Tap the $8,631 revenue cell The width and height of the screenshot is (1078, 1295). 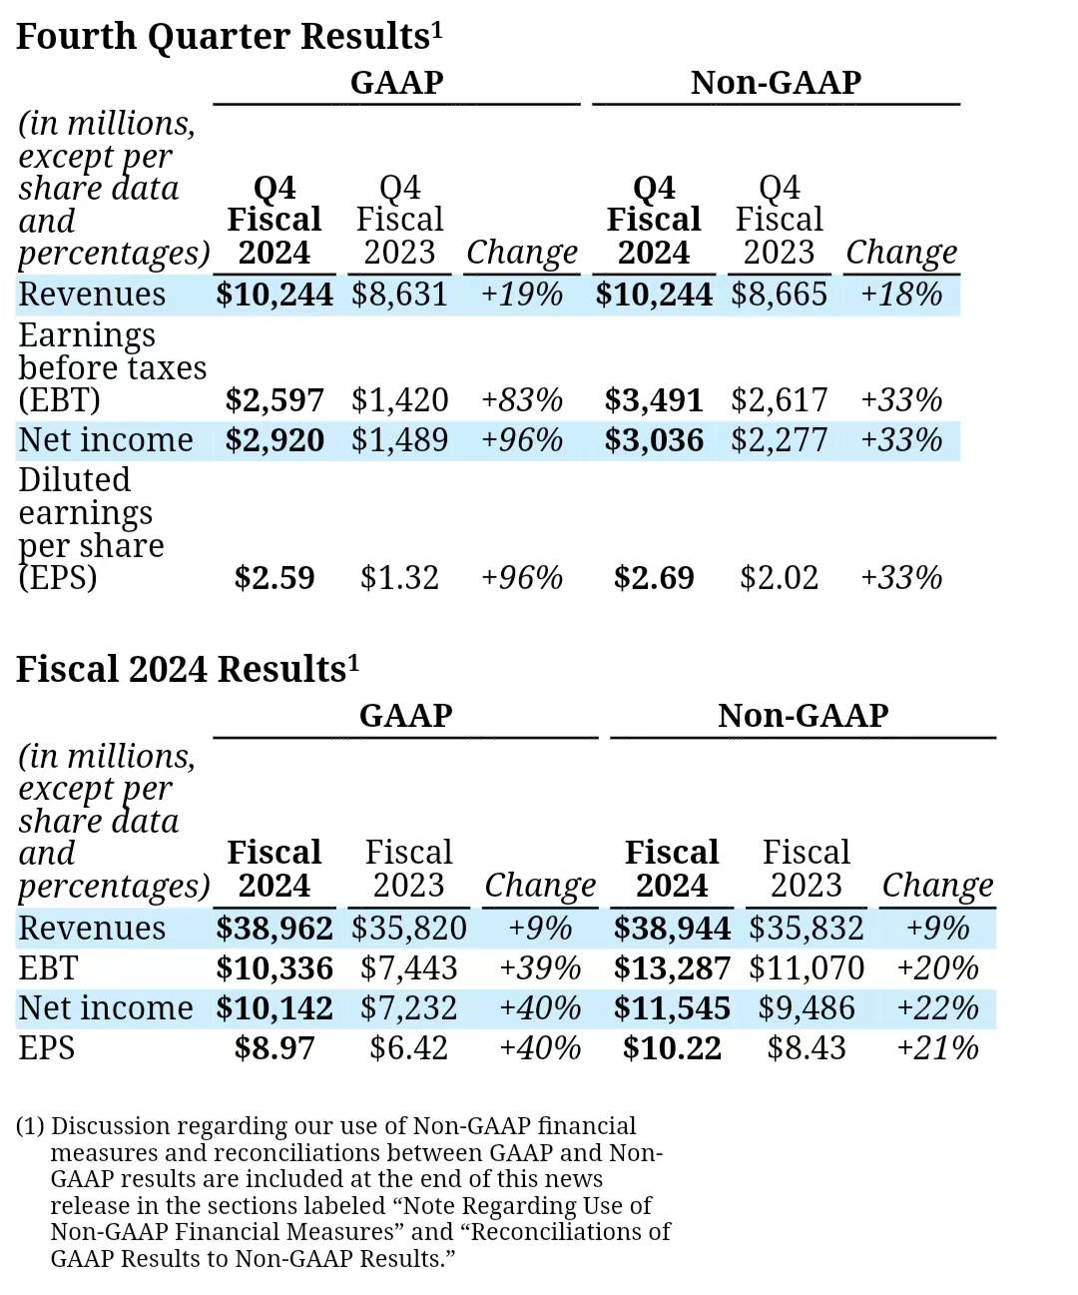pyautogui.click(x=399, y=295)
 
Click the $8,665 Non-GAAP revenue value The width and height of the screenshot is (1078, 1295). pyautogui.click(x=779, y=295)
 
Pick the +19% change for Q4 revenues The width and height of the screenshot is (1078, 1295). pyautogui.click(x=522, y=295)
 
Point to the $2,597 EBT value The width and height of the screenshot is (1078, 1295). pyautogui.click(x=274, y=400)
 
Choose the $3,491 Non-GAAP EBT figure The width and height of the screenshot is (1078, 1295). pyautogui.click(x=654, y=400)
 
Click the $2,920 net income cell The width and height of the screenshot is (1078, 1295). pyautogui.click(x=274, y=440)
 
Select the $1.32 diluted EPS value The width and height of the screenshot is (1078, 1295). pyautogui.click(x=399, y=578)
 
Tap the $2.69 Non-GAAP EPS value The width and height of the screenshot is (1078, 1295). pyautogui.click(x=654, y=578)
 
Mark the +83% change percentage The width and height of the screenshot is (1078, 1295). pyautogui.click(x=522, y=400)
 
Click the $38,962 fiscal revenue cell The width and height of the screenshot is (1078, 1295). pyautogui.click(x=274, y=929)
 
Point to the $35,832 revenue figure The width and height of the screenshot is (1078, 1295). pyautogui.click(x=806, y=929)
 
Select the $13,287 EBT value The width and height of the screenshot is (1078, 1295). pyautogui.click(x=672, y=969)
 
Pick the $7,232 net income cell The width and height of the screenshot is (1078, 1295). pyautogui.click(x=408, y=1008)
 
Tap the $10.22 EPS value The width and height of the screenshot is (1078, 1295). pyautogui.click(x=672, y=1048)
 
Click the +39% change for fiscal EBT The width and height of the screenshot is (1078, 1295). pyautogui.click(x=540, y=969)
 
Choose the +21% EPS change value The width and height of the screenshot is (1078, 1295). pyautogui.click(x=937, y=1048)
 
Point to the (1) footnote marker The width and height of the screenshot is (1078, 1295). pyautogui.click(x=30, y=1126)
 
